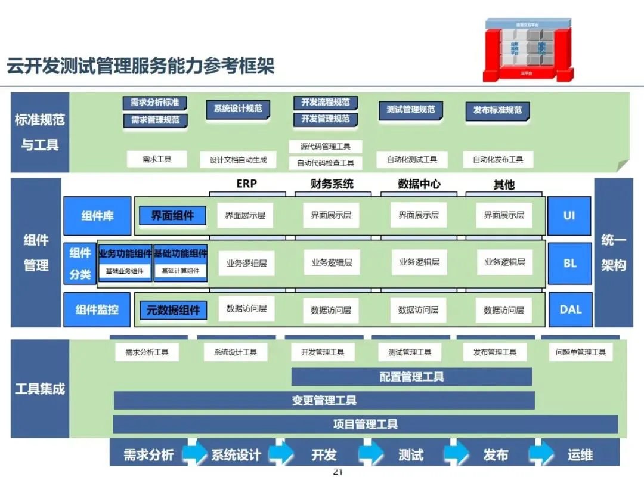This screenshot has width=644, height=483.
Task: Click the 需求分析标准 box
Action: click(155, 103)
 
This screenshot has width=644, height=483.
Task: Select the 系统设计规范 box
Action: click(238, 109)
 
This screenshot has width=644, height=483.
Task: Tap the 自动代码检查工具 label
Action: click(326, 163)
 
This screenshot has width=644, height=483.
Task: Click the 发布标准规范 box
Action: click(497, 110)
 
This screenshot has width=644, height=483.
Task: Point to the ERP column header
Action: click(246, 184)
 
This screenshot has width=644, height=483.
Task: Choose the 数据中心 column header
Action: click(419, 184)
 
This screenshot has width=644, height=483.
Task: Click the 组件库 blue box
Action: click(97, 216)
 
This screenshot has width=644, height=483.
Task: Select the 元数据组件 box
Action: click(174, 310)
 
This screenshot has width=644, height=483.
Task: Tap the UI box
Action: click(569, 215)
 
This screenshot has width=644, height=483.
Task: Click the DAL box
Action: click(570, 309)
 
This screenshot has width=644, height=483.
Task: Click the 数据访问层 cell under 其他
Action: click(504, 310)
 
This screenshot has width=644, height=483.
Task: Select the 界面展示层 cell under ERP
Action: click(245, 215)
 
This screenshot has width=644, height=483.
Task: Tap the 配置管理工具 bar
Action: click(411, 377)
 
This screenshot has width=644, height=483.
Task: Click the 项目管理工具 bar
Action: click(365, 425)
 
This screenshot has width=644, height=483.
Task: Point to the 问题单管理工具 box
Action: click(580, 352)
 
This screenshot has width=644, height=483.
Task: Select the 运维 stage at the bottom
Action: click(580, 455)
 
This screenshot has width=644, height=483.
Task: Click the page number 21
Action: click(338, 472)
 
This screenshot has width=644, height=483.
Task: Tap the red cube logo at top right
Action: click(528, 50)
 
